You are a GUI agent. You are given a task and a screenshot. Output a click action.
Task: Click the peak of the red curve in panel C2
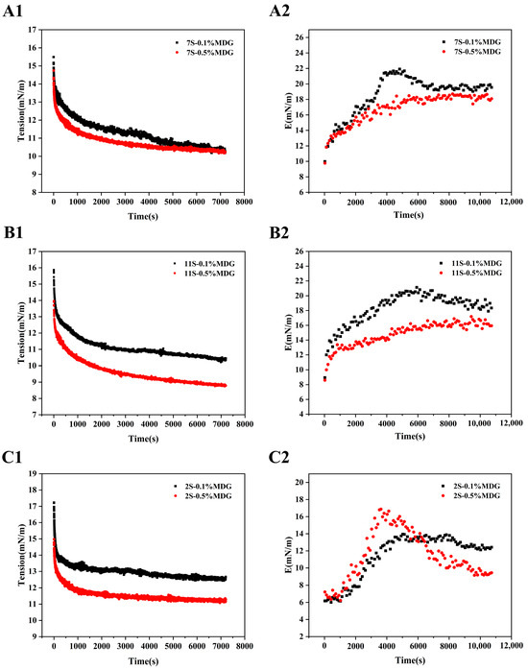[381, 509]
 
